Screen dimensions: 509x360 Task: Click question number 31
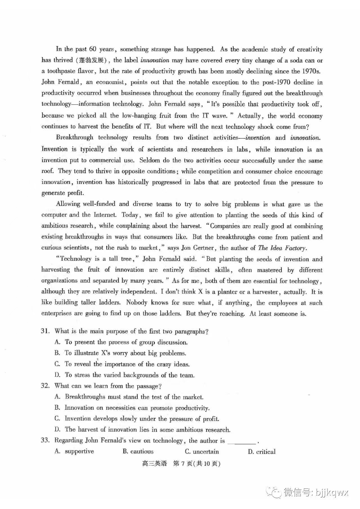[45, 331]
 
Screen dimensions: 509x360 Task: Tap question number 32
[45, 386]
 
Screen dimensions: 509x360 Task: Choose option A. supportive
[74, 451]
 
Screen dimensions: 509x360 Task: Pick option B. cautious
[138, 452]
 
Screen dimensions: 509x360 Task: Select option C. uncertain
[202, 452]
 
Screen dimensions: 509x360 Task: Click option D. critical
[262, 452]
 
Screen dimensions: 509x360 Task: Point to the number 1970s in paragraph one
[311, 71]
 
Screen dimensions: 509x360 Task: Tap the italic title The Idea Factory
[282, 248]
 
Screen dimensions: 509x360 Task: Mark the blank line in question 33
[242, 442]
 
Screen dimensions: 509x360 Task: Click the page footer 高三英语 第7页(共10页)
[181, 464]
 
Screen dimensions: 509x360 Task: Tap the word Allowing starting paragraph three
[67, 204]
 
